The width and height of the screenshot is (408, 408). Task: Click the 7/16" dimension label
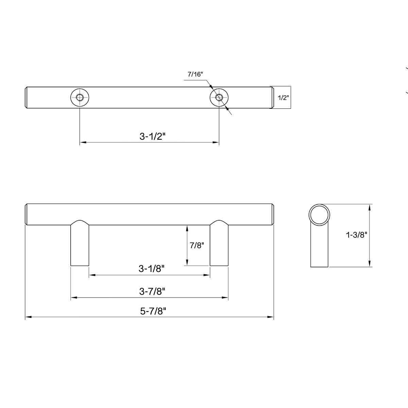(195, 74)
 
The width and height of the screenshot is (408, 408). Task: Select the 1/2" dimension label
(283, 98)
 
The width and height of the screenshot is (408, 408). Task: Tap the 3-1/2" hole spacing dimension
(152, 136)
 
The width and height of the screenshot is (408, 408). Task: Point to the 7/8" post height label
(197, 245)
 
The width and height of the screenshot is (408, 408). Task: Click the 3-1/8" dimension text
(151, 269)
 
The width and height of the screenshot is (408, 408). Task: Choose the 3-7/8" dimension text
(152, 291)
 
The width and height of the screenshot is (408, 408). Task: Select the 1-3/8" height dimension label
(356, 235)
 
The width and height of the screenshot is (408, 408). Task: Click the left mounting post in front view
(80, 245)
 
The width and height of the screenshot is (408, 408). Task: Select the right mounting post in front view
(219, 245)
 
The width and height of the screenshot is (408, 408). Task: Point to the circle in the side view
(319, 215)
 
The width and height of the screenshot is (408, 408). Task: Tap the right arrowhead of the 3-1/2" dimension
(216, 142)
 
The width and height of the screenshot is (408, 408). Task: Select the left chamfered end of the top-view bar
(27, 98)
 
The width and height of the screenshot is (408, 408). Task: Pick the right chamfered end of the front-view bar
(273, 215)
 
